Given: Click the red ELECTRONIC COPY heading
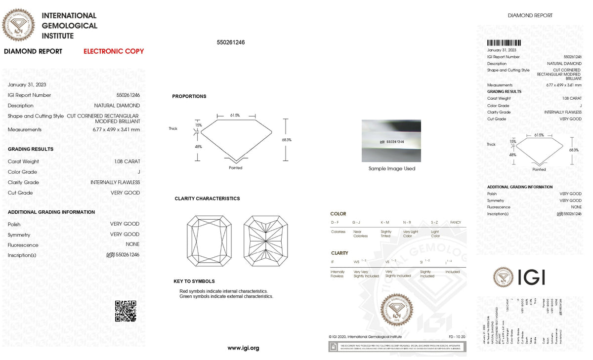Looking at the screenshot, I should pos(114,51).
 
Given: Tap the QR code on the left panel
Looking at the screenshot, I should pos(126,311).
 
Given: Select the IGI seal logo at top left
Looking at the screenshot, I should pos(19,24).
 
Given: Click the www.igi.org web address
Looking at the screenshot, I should pos(243,348).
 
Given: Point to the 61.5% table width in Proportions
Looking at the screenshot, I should pos(235,115).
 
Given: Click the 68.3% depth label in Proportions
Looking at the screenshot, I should pos(287,140).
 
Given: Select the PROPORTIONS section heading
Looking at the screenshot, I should pos(189,96).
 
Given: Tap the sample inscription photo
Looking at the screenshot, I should pos(391,141).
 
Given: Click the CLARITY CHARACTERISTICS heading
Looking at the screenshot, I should pos(207,199).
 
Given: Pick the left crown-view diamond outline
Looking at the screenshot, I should pos(209,241).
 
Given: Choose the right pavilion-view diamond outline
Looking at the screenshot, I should pos(266,241).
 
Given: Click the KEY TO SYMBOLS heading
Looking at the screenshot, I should pos(194,281).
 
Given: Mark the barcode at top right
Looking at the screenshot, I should pos(504,43).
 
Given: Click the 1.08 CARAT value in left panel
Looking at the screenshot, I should pos(127,161).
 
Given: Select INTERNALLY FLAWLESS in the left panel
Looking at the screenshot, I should pos(115,183).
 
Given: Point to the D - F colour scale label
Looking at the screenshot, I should pos(335,223).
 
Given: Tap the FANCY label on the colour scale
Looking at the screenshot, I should pos(456,223).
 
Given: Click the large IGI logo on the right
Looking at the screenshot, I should pos(519,277).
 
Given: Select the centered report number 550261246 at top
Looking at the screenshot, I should pos(231,42).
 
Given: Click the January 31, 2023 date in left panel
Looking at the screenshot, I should pos(27,85).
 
